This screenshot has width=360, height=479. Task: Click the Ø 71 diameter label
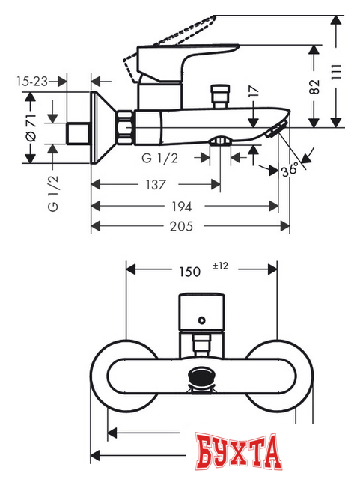(x=31, y=126)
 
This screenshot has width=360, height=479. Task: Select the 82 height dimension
(x=313, y=87)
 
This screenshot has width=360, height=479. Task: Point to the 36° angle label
(x=292, y=170)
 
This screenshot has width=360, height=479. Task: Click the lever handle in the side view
(x=187, y=56)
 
